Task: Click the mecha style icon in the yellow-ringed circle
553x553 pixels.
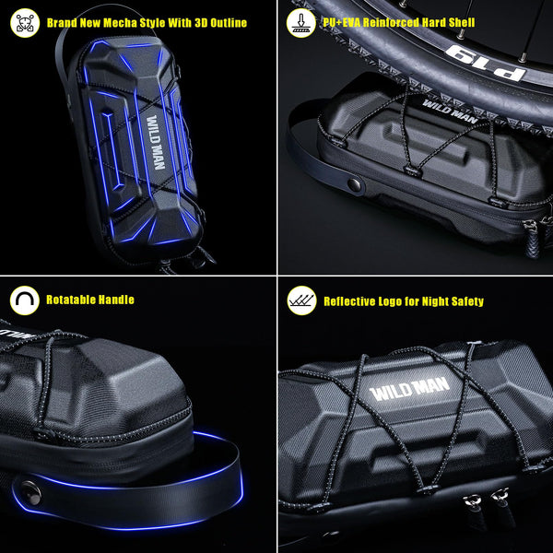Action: (x=25, y=23)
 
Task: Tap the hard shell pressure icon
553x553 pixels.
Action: (x=300, y=23)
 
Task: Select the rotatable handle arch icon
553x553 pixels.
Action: (x=25, y=300)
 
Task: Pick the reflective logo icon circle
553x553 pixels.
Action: (x=301, y=300)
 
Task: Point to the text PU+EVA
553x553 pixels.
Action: (x=341, y=22)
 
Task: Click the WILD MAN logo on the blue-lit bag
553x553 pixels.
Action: (x=156, y=142)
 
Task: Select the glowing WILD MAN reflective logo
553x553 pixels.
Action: (x=410, y=389)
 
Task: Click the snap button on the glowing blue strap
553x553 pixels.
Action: (x=30, y=493)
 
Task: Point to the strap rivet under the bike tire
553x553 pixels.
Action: (x=355, y=184)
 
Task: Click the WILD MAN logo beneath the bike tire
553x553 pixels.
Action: (x=450, y=112)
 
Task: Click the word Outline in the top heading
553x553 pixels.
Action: (x=229, y=23)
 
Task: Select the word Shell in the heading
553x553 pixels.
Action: (x=462, y=22)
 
